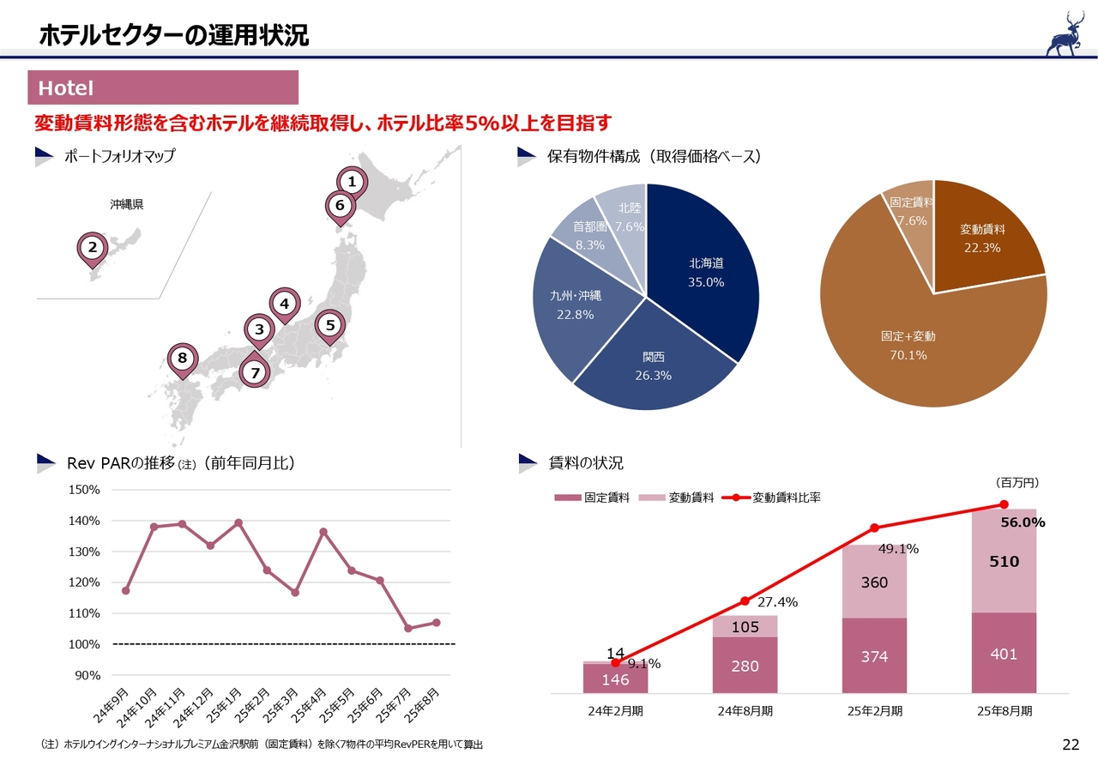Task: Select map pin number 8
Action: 182,359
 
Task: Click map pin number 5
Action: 330,325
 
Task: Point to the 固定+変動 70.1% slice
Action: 909,343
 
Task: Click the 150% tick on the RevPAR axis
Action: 84,490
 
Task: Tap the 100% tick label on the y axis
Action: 84,644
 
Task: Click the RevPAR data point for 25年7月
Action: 407,629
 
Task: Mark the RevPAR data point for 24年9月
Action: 126,590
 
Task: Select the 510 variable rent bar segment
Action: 1004,562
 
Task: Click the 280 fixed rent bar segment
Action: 745,665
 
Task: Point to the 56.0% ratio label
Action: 1023,522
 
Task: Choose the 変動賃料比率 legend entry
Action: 776,498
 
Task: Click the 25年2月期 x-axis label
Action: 874,711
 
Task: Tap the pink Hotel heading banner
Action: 164,87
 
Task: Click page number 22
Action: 1071,744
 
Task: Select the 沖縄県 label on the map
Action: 127,205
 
